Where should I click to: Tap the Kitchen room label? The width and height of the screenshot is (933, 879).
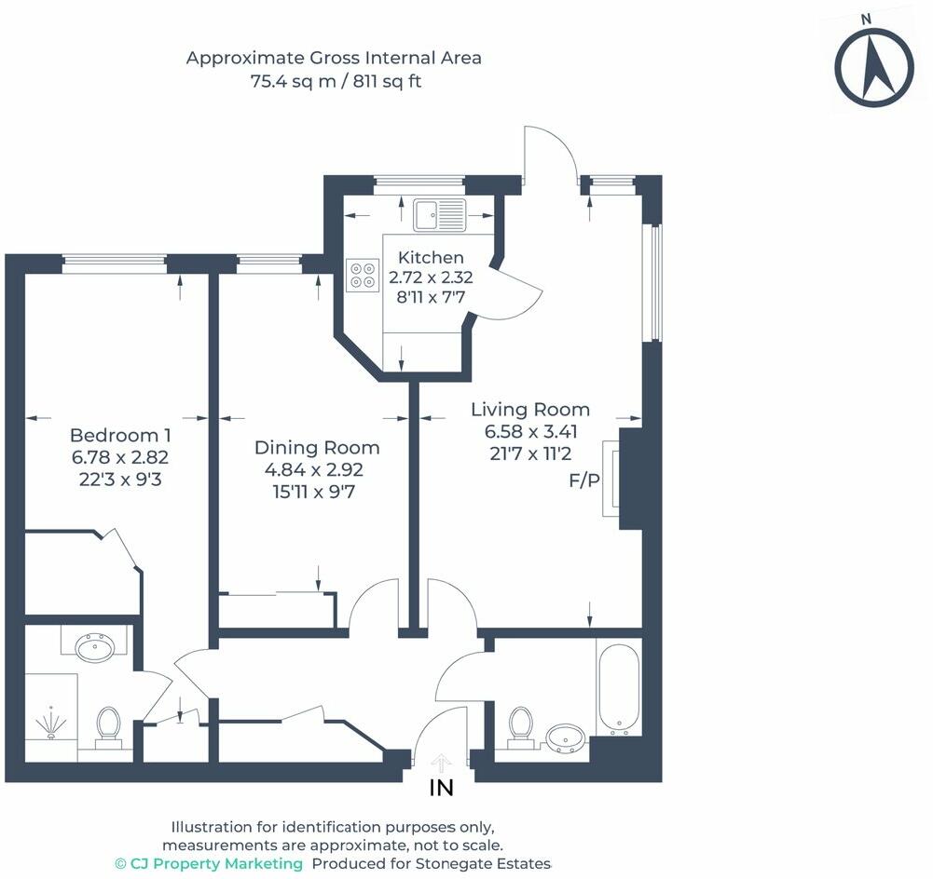tap(431, 257)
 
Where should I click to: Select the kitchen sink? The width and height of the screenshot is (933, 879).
tap(440, 214)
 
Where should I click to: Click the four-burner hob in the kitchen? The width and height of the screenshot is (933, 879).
tap(363, 276)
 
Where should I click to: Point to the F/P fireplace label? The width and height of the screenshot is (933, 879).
tap(584, 480)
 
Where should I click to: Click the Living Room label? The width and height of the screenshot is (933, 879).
tap(530, 409)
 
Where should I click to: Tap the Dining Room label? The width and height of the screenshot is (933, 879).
tap(317, 447)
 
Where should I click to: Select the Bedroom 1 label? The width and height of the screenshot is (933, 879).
tap(120, 435)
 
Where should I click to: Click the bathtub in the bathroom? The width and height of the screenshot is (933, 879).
tap(619, 688)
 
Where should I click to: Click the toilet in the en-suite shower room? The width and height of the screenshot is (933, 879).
tap(108, 726)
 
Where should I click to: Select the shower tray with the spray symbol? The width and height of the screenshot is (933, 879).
tap(51, 717)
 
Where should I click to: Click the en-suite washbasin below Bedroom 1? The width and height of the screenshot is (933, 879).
tap(94, 646)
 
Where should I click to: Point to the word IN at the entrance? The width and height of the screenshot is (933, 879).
tap(441, 788)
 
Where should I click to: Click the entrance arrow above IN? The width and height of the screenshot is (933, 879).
tap(441, 762)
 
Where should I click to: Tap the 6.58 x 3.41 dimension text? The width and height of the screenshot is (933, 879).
tap(530, 431)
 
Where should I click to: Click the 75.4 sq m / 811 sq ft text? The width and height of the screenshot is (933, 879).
tap(336, 81)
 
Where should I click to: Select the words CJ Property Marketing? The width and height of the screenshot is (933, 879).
tap(216, 863)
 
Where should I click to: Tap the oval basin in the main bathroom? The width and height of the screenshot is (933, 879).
tap(565, 737)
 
